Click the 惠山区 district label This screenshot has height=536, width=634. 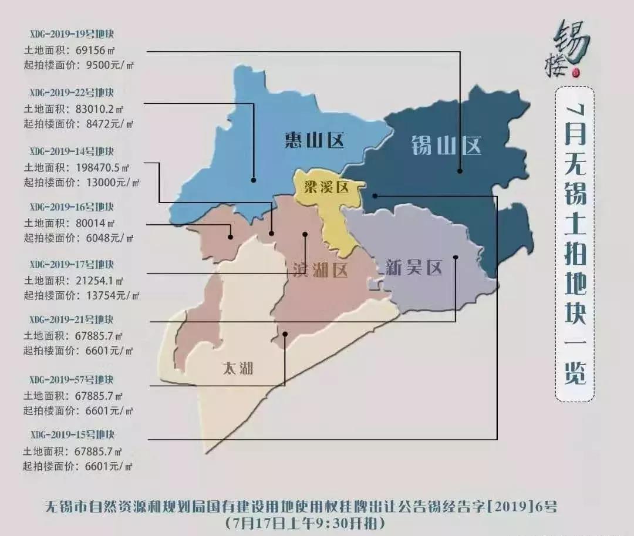click(314, 140)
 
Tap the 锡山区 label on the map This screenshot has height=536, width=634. click(446, 144)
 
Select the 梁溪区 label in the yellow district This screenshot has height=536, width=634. click(326, 187)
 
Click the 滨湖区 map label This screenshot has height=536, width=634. click(320, 270)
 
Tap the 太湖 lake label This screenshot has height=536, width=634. click(238, 368)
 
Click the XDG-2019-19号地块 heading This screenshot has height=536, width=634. click(71, 33)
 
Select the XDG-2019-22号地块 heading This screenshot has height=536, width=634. click(71, 93)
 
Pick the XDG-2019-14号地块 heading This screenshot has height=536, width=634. click(71, 151)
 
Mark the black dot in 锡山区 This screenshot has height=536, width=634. click(460, 171)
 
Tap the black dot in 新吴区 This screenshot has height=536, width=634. click(456, 257)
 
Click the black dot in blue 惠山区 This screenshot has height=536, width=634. click(254, 180)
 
